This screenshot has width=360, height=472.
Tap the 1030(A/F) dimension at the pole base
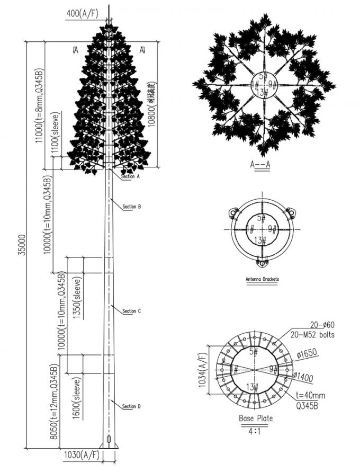[x=82, y=455]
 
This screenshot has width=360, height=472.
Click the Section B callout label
[x=131, y=207]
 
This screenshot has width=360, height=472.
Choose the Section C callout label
[x=131, y=311]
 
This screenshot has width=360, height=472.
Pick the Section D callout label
[x=131, y=406]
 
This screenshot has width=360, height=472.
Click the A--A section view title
[x=260, y=164]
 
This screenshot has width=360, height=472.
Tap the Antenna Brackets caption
[x=262, y=279]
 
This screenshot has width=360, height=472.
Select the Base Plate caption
[x=256, y=418]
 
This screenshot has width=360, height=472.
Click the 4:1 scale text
[x=256, y=432]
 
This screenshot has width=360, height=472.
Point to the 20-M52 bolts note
[x=312, y=335]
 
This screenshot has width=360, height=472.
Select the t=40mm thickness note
[x=310, y=395]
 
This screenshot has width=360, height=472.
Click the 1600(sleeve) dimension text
[x=78, y=399]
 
